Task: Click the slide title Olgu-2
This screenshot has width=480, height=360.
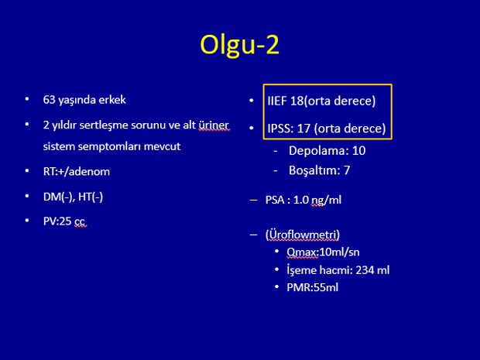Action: point(240,45)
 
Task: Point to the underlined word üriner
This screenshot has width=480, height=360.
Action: point(214,125)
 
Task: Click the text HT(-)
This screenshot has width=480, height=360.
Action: point(91,197)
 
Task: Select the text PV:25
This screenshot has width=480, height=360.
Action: point(57,221)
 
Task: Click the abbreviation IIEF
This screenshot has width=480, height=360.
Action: point(277,101)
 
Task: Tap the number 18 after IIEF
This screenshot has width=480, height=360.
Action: point(297,101)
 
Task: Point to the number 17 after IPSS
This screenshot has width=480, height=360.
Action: point(303,129)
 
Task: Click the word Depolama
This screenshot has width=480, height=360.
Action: point(317,151)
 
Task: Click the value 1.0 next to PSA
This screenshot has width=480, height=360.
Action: point(301,200)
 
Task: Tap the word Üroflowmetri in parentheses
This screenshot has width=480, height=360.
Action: point(303,235)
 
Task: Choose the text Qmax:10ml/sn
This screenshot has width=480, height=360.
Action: point(323,252)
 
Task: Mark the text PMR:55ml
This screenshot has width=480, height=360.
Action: point(313,287)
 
